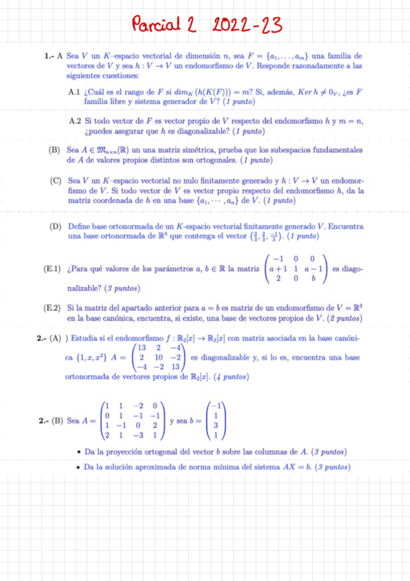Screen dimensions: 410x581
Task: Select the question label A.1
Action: tap(75, 91)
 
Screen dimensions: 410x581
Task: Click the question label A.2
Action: tap(75, 120)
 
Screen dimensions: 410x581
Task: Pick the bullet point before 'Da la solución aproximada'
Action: tap(81, 467)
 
